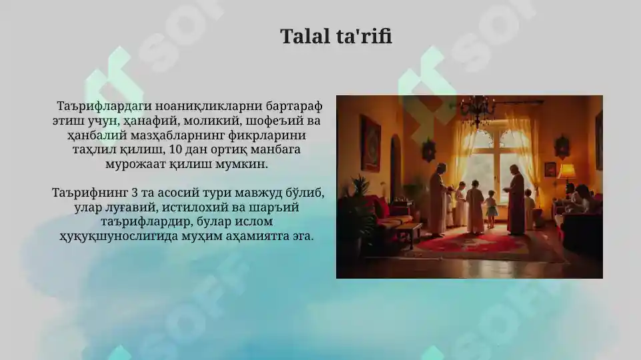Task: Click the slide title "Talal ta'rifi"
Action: click(x=336, y=36)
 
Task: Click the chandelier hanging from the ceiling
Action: click(x=478, y=109)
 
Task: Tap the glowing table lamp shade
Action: click(x=568, y=171)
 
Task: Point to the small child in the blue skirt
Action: click(x=492, y=208)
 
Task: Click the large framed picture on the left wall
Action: click(x=370, y=143)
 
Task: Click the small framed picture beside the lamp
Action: click(x=550, y=169)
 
